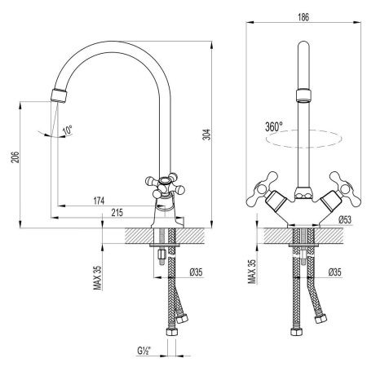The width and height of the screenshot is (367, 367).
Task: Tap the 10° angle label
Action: pyautogui.click(x=67, y=130)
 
